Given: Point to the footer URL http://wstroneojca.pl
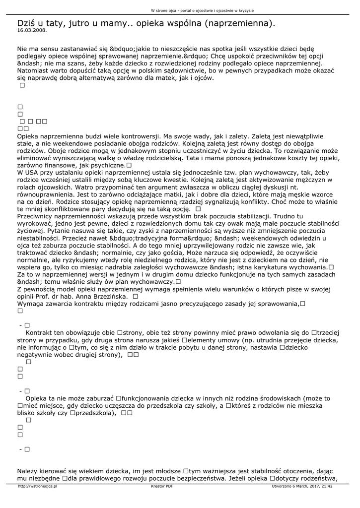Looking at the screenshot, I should [37, 487].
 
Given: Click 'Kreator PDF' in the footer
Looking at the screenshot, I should [162, 487].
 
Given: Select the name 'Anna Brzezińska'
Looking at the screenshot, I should [103, 296].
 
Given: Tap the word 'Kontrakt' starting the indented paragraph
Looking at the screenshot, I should [41, 333].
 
